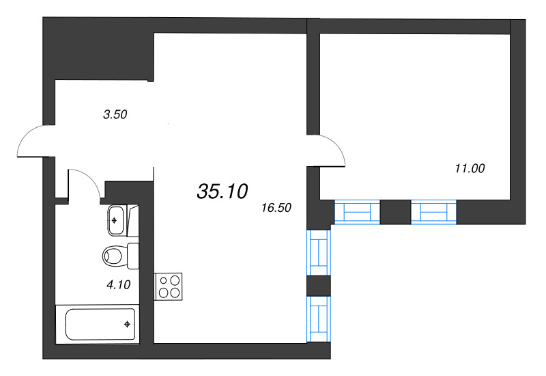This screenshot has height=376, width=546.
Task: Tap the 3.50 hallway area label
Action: pyautogui.click(x=115, y=115)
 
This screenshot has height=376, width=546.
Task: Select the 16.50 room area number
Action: pyautogui.click(x=276, y=208)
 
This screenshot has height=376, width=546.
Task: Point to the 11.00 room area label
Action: pyautogui.click(x=470, y=167)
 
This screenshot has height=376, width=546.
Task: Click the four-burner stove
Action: pyautogui.click(x=170, y=286)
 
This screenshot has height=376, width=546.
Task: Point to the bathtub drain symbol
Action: pyautogui.click(x=127, y=324)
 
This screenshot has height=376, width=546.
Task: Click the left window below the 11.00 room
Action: pyautogui.click(x=356, y=213)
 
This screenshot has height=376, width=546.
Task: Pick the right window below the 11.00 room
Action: pyautogui.click(x=433, y=213)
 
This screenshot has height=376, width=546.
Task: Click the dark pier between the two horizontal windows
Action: pyautogui.click(x=395, y=213)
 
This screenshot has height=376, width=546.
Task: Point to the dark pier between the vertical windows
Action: pyautogui.click(x=319, y=285)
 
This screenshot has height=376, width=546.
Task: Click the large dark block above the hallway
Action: pyautogui.click(x=99, y=48)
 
